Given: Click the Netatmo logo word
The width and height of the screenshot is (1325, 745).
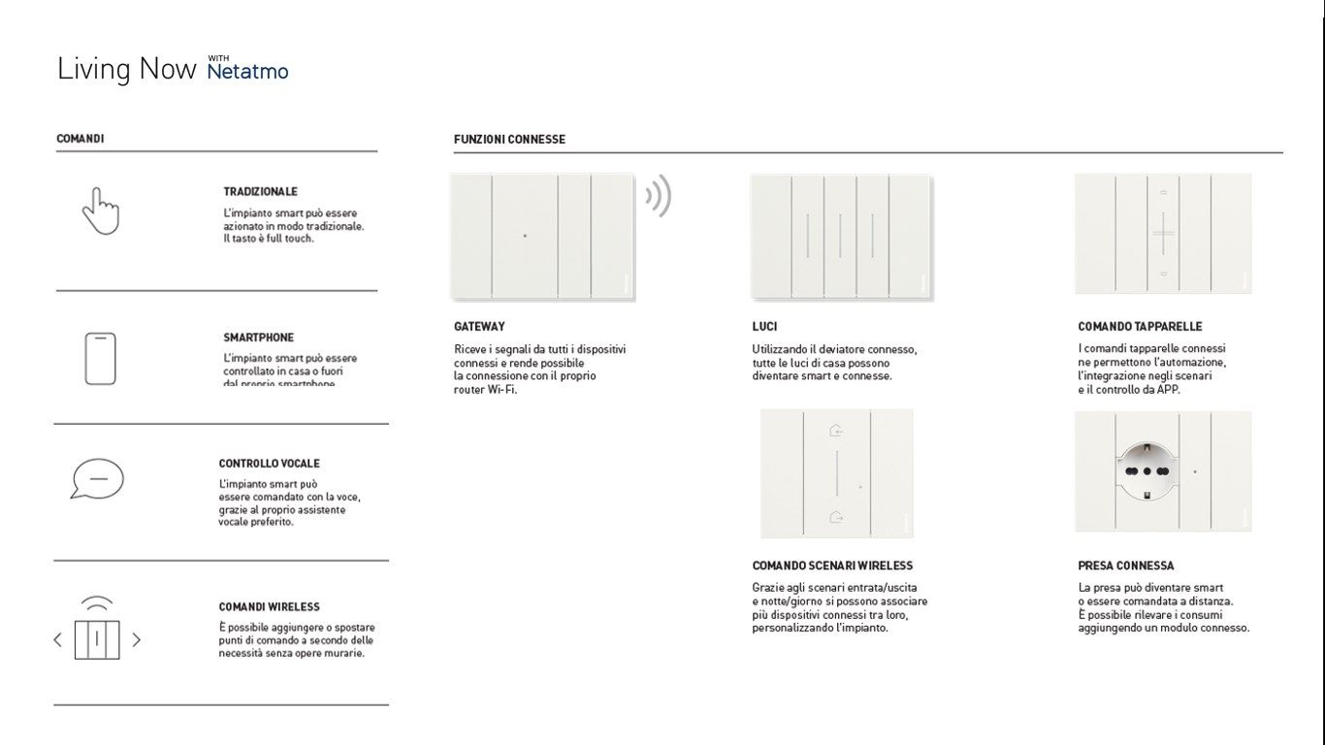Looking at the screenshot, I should pyautogui.click(x=247, y=72).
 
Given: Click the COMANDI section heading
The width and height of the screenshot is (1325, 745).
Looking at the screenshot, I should pyautogui.click(x=81, y=139).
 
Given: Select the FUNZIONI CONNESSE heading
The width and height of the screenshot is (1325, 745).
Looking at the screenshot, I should pyautogui.click(x=509, y=140).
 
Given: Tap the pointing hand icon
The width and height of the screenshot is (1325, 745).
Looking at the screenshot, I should pyautogui.click(x=100, y=211).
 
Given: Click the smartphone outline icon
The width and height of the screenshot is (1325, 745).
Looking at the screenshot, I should pyautogui.click(x=100, y=358).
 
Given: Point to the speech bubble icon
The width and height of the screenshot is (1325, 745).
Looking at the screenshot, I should pyautogui.click(x=97, y=478).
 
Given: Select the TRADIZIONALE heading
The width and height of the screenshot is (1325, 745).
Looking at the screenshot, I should pyautogui.click(x=260, y=192).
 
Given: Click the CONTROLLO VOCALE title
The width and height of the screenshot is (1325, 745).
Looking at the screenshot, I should pyautogui.click(x=269, y=464).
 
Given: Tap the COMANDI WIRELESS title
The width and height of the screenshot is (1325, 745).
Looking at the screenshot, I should pyautogui.click(x=269, y=607).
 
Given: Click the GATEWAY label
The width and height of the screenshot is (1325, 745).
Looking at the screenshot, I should pyautogui.click(x=479, y=327).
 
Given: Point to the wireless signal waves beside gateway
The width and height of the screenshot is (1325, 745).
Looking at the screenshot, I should pyautogui.click(x=658, y=197).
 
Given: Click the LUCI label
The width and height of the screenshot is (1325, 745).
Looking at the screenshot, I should pyautogui.click(x=764, y=327).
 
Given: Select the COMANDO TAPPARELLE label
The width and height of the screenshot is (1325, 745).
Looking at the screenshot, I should pyautogui.click(x=1140, y=327).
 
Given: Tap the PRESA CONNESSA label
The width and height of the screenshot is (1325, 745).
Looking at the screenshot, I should pyautogui.click(x=1125, y=566).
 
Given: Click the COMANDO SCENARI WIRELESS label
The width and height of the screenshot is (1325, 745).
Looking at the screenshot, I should pyautogui.click(x=832, y=566).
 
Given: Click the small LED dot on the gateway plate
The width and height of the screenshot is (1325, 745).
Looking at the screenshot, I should pyautogui.click(x=525, y=236).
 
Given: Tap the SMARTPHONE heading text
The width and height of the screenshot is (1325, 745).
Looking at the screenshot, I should pyautogui.click(x=258, y=338).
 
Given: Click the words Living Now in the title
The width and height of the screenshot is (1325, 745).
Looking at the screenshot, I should pyautogui.click(x=126, y=70).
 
